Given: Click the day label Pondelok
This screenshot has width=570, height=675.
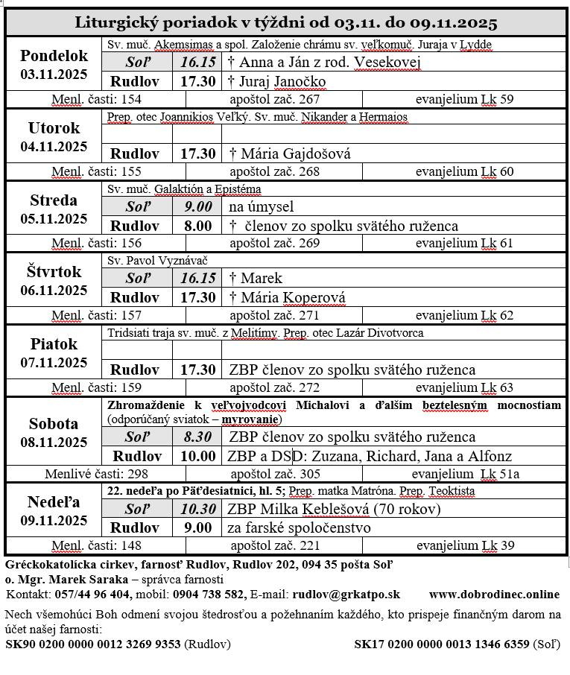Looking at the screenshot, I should point(54,56).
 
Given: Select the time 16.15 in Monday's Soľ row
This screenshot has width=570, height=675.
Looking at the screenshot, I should point(198,63).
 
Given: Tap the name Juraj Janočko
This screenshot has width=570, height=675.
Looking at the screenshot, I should point(277,81).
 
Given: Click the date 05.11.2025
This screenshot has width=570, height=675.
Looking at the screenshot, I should point(54,219).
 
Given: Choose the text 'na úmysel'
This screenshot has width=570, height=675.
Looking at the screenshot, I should point(261,207).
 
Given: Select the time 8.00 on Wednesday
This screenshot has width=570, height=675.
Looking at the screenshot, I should point(198,226).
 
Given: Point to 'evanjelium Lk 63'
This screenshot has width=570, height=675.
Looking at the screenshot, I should point(464,387).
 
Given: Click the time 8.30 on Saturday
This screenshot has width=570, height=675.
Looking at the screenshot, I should point(198,437).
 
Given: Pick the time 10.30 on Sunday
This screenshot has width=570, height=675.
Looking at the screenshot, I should point(198,510).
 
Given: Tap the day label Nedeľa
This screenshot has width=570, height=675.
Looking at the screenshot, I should point(54,501).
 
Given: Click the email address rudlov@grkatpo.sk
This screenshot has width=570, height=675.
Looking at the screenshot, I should point(346,595).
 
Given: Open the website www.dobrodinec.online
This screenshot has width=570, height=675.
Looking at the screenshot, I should point(494,595).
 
